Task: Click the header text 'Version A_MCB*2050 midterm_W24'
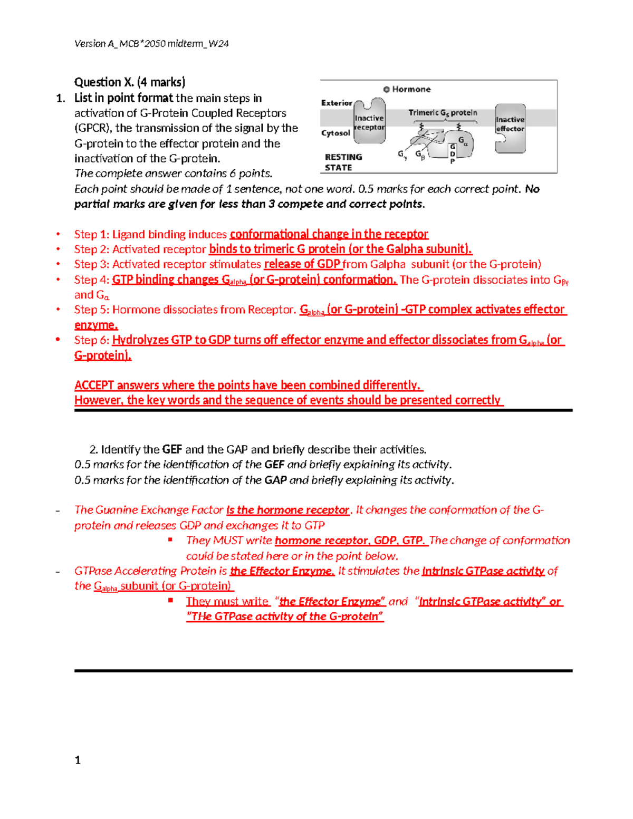(x=151, y=44)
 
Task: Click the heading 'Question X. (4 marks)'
(x=130, y=82)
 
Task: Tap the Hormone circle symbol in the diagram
(x=386, y=90)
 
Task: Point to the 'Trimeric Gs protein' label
(x=443, y=113)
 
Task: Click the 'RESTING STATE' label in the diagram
(x=343, y=162)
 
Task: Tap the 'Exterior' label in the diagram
(x=336, y=103)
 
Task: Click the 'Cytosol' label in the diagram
(x=335, y=133)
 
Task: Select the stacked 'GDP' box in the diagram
(x=452, y=153)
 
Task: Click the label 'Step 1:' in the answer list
(x=92, y=234)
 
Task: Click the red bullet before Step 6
(x=58, y=340)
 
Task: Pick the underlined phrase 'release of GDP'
(x=302, y=264)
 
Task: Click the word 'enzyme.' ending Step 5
(x=96, y=325)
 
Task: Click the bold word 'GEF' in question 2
(x=172, y=450)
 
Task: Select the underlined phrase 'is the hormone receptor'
(x=288, y=510)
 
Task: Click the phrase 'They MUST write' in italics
(x=229, y=541)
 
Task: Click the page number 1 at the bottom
(x=78, y=760)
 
